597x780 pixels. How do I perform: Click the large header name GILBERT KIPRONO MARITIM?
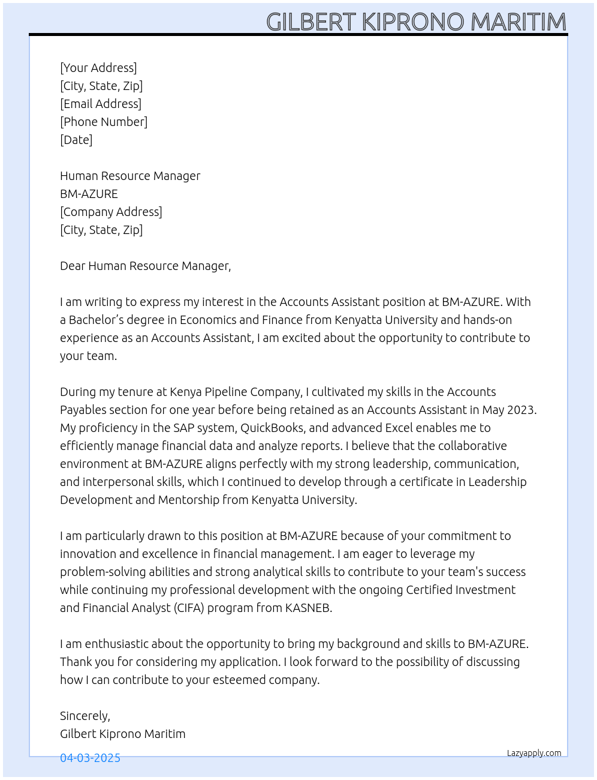[x=416, y=22]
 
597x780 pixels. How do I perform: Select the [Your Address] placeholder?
[x=98, y=68]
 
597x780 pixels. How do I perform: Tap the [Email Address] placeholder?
[x=101, y=104]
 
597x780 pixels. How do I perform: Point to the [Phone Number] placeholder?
[x=104, y=122]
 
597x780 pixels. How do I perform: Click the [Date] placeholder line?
[x=76, y=140]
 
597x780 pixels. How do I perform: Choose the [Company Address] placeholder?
[x=111, y=212]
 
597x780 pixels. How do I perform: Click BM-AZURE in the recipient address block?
[x=89, y=194]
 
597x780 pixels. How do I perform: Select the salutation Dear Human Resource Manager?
[x=145, y=266]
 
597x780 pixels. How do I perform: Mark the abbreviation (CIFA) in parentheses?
[x=190, y=608]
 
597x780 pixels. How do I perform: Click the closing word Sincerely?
[x=85, y=716]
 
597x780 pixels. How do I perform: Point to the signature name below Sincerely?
[x=122, y=734]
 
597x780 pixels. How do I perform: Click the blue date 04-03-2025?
[x=90, y=758]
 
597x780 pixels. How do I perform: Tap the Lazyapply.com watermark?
[x=534, y=753]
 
